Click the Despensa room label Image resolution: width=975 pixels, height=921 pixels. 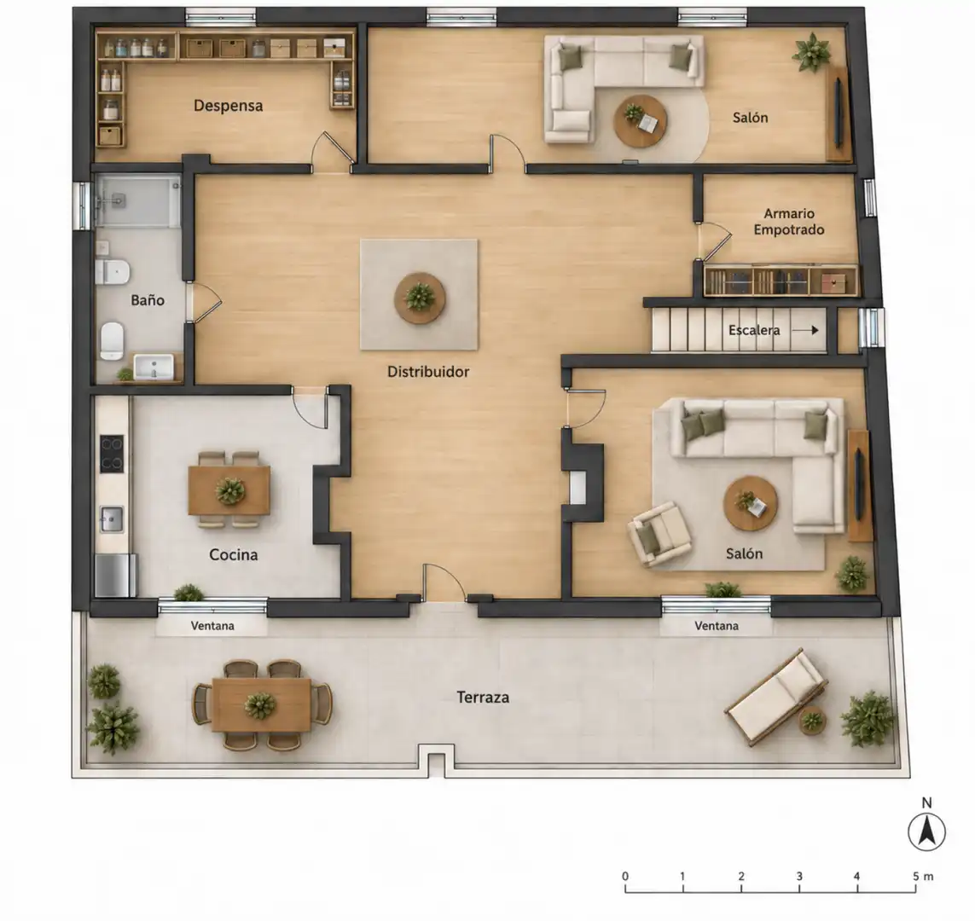pos(229,106)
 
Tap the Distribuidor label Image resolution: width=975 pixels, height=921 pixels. pos(428,372)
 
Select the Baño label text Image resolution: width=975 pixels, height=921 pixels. pos(148,300)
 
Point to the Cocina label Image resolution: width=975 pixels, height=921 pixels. pos(233,554)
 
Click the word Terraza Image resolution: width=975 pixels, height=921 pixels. pos(483,698)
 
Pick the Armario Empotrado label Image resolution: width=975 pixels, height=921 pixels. pos(789,221)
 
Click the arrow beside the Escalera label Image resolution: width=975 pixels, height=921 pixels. pos(806,330)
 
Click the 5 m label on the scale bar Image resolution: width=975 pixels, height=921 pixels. pos(923,877)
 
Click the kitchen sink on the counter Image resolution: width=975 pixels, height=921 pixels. pos(112,519)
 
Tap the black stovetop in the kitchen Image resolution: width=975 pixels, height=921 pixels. pos(112,454)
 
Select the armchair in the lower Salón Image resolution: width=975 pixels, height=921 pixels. pos(659,534)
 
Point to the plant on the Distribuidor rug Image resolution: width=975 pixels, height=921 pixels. pos(421,297)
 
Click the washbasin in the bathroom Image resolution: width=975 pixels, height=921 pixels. pos(154,367)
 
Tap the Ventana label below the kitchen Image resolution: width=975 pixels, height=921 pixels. pos(212,626)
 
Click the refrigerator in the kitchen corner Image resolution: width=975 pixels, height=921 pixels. pos(116,576)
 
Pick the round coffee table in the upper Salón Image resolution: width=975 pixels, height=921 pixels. pos(641,120)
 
